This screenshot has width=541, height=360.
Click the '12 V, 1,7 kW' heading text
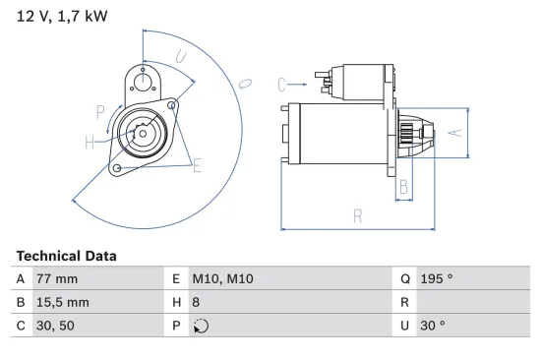click(x=62, y=15)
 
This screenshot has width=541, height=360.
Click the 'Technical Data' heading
click(x=66, y=256)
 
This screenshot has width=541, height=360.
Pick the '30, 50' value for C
click(x=54, y=326)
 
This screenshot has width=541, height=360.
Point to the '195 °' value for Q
click(x=436, y=279)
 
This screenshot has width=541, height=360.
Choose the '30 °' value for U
click(x=433, y=326)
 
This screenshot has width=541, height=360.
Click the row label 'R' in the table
click(x=403, y=302)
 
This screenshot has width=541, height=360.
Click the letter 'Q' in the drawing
click(x=246, y=84)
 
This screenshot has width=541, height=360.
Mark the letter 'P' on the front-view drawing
click(x=100, y=110)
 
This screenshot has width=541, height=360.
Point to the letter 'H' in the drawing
click(x=90, y=143)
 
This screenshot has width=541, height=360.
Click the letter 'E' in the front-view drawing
click(x=197, y=166)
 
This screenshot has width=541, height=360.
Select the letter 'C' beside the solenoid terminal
click(x=281, y=84)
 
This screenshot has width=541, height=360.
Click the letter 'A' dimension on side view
click(x=453, y=132)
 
